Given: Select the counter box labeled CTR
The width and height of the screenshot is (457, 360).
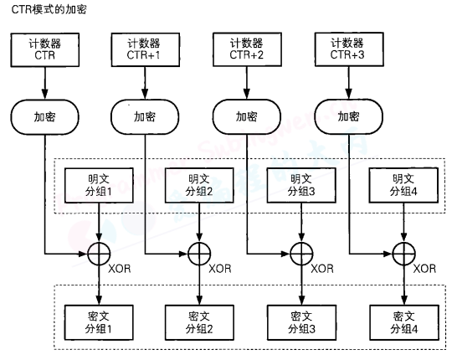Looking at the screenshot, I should pos(44,50).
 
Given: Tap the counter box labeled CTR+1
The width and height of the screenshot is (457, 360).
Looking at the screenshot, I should pos(145,50).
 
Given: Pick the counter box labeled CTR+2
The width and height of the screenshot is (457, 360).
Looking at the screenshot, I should pos(247,50).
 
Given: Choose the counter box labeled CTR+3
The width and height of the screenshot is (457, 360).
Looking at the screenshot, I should pos(348,50).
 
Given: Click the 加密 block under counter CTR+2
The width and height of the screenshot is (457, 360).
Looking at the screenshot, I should pos(247,116).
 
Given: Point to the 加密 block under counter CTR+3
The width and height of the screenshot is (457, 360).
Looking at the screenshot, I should pos(348,116).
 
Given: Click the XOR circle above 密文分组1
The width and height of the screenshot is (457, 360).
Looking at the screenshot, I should pos(99,250).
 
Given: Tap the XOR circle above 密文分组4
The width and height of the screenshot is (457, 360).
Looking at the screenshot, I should pos(403,250).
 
